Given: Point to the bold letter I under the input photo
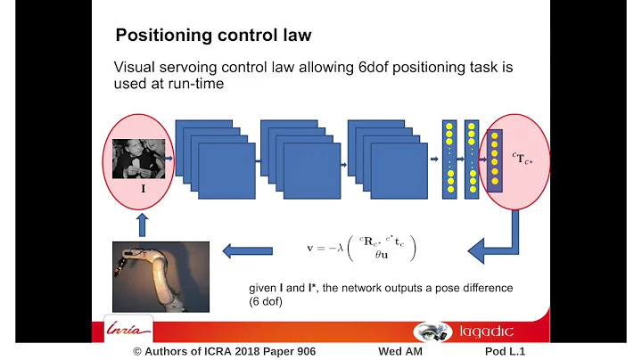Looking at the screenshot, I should [x=143, y=190].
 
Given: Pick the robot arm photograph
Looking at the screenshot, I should [x=160, y=275].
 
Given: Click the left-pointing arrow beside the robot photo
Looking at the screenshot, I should [x=246, y=251].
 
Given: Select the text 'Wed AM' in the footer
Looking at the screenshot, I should [x=398, y=352].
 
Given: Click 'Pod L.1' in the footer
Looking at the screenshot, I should [x=498, y=352].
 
